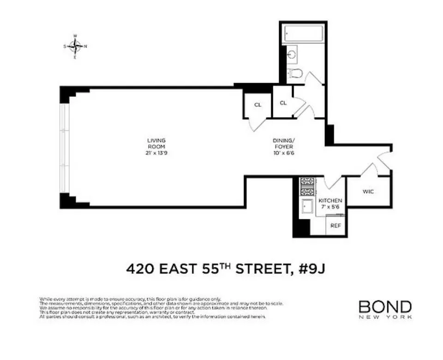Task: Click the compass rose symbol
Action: [x=75, y=46]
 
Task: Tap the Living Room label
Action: [x=156, y=143]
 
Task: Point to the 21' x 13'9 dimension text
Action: [x=156, y=153]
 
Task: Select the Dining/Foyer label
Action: [x=283, y=143]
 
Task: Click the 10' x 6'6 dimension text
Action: [x=283, y=153]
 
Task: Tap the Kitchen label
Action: [x=331, y=201]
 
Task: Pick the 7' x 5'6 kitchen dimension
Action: [x=331, y=207]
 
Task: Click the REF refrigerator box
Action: [x=336, y=226]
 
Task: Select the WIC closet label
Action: [x=368, y=192]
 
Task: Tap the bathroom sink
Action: [x=292, y=55]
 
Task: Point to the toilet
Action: [x=294, y=73]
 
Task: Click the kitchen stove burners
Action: [x=307, y=187]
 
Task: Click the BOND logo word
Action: [x=385, y=306]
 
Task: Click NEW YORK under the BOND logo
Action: [x=385, y=317]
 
